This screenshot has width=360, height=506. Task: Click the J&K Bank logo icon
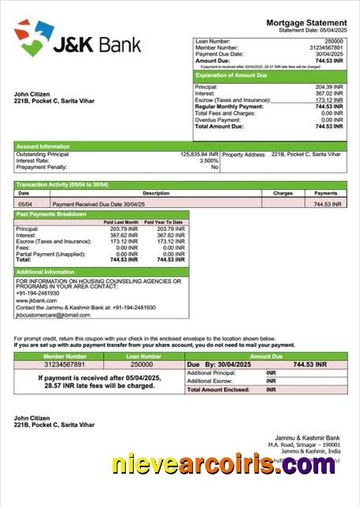coord(32,39)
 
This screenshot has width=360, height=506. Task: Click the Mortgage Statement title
coord(306,23)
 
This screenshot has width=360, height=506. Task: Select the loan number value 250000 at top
coord(334,40)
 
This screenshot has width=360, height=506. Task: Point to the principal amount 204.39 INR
coord(329,87)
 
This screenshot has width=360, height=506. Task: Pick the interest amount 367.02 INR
coord(329,93)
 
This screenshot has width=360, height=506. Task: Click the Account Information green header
coord(43,146)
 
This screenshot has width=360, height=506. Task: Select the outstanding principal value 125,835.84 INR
coord(199,154)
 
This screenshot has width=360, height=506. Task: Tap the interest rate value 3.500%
coord(209,160)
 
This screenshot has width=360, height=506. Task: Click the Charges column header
coord(282,193)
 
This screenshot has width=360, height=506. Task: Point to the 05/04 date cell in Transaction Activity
coord(25,204)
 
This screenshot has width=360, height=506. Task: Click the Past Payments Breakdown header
coord(51,214)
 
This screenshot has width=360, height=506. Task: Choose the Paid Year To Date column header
coord(165,222)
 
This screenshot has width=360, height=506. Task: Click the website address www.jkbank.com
coord(36,300)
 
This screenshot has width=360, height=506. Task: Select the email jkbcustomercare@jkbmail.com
coord(53,315)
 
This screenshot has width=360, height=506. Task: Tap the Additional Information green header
coord(46,272)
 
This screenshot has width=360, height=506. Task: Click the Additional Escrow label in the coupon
coord(210,380)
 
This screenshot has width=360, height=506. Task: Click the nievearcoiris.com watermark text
coord(222,466)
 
